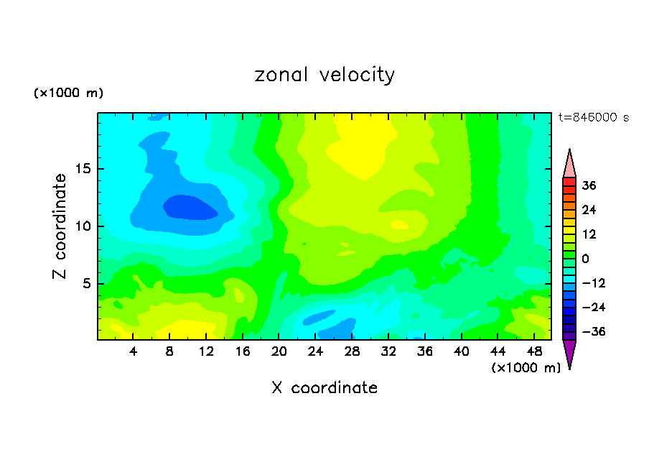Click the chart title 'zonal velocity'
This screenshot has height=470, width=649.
pyautogui.click(x=324, y=75)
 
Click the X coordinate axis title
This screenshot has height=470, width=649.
pyautogui.click(x=324, y=388)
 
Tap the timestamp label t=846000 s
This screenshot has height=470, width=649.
pyautogui.click(x=593, y=117)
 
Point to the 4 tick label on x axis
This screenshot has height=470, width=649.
pyautogui.click(x=134, y=351)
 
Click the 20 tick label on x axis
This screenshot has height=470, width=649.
pyautogui.click(x=279, y=351)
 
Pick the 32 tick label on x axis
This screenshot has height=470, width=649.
pyautogui.click(x=388, y=351)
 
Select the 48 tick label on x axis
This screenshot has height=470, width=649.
pyautogui.click(x=533, y=351)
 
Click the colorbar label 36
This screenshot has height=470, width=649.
pyautogui.click(x=589, y=185)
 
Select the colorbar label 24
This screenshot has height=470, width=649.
pyautogui.click(x=589, y=210)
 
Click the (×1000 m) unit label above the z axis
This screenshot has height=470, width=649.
pyautogui.click(x=68, y=93)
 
